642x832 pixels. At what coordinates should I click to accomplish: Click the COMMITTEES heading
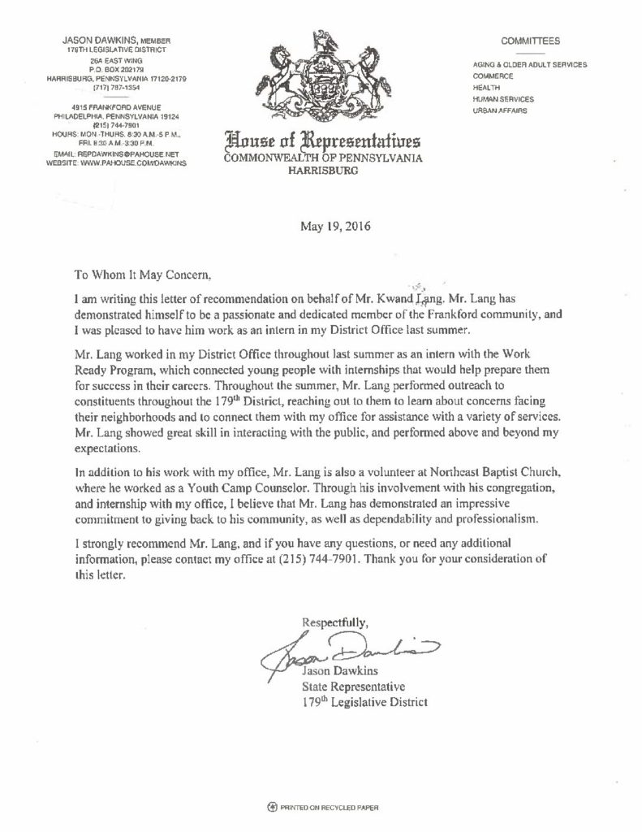[x=530, y=40]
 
